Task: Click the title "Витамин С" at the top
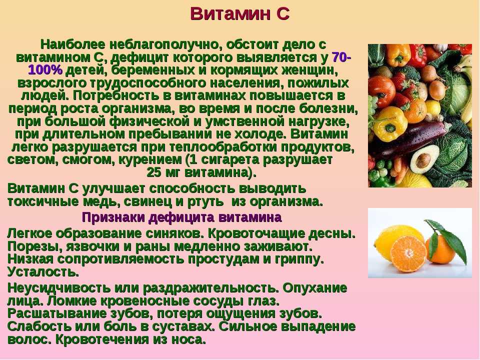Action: [239, 14]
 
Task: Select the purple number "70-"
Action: [341, 57]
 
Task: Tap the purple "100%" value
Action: [45, 70]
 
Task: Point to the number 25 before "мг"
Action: [154, 172]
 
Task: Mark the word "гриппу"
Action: [299, 259]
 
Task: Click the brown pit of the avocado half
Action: [423, 159]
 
